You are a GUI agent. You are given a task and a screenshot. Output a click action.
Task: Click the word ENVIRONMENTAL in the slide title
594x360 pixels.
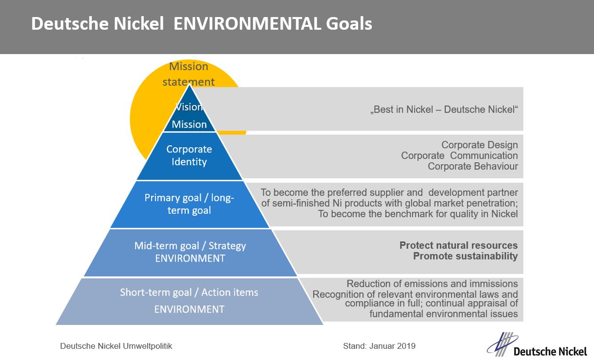point(248,23)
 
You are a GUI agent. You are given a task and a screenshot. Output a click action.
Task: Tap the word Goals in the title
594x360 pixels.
point(349,23)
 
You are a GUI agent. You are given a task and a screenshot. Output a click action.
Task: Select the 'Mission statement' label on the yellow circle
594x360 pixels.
point(189,74)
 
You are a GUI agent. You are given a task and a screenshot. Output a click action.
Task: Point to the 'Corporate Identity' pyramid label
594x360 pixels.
point(189,155)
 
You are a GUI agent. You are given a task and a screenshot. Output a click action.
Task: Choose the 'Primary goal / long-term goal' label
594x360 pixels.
point(189,204)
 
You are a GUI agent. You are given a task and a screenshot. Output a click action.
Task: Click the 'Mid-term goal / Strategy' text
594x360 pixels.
point(190,246)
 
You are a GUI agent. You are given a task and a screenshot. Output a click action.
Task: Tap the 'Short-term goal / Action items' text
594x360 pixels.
point(189,292)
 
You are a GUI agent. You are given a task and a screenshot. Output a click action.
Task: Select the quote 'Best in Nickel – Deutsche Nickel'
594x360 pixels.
point(444,110)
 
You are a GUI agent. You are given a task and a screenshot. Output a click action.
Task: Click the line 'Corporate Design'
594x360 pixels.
point(479,145)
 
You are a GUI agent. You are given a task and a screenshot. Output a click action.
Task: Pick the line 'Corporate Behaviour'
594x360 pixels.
point(473,166)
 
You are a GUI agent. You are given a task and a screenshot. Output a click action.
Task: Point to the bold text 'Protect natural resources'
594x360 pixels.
point(459,245)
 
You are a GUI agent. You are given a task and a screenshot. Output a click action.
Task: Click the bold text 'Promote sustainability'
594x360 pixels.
point(465,256)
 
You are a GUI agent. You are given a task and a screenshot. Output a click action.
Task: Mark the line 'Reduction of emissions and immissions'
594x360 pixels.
point(432,284)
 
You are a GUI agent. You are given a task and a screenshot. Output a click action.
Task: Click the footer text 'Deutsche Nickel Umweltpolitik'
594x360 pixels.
point(116,346)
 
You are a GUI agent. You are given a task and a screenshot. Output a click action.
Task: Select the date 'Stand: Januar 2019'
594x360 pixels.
point(379,346)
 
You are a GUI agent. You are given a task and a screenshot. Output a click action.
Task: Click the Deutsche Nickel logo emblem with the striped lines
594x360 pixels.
point(502,344)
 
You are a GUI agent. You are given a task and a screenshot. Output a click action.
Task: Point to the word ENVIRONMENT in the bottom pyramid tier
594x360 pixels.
point(190,309)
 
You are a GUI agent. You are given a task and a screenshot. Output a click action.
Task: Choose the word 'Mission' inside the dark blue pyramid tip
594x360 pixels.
point(189,124)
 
